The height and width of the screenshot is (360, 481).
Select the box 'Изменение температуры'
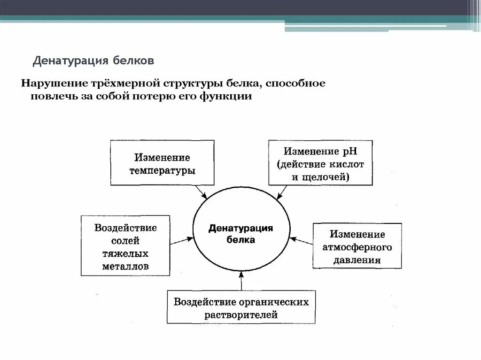(x=162, y=162)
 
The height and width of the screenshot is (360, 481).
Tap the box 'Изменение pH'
(x=321, y=162)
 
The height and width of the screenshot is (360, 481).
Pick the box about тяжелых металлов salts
(x=125, y=245)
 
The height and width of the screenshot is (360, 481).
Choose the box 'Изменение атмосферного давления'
(x=357, y=245)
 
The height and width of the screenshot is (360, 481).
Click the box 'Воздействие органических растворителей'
(x=241, y=307)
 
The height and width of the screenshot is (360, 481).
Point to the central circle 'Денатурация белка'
(x=240, y=233)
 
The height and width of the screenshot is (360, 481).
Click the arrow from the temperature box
(x=201, y=191)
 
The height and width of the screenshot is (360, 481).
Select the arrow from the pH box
(x=282, y=192)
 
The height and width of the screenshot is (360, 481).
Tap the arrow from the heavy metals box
(x=181, y=241)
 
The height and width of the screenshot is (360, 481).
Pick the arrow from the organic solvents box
(x=241, y=282)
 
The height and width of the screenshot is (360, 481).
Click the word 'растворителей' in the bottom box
(x=241, y=314)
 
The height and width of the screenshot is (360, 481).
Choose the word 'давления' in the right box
(x=357, y=260)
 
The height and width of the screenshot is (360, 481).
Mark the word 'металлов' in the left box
(x=125, y=266)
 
